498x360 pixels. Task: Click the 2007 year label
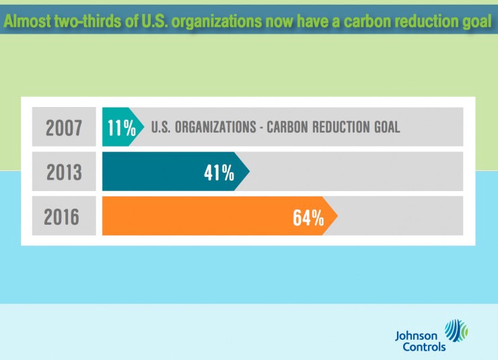[63, 127]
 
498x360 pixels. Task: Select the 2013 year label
[63, 172]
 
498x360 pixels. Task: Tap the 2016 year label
[62, 217]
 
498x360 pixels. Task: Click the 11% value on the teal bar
[121, 127]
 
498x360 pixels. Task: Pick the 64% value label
[308, 217]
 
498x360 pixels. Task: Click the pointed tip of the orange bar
[336, 216]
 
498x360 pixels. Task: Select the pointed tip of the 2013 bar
[248, 171]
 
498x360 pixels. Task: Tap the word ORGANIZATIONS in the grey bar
[218, 127]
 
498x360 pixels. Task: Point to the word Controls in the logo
[424, 347]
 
